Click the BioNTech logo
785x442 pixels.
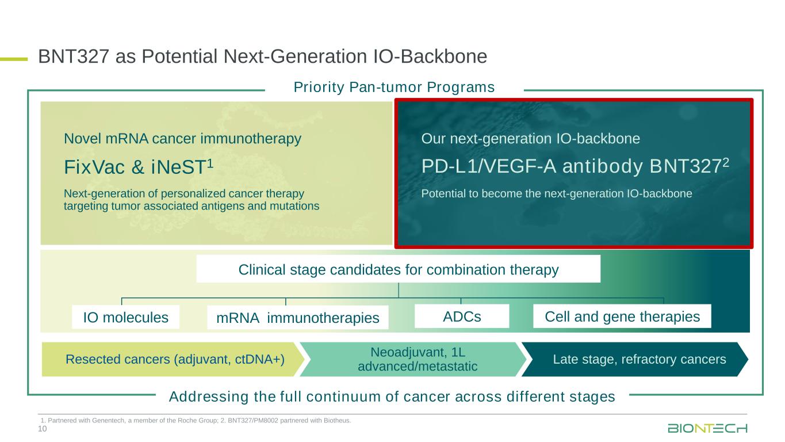pos(707,428)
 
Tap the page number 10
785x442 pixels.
pos(42,429)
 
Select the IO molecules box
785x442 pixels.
pos(125,317)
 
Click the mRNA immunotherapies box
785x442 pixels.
pos(298,318)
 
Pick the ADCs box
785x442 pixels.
pos(462,317)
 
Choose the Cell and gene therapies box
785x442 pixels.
pos(622,317)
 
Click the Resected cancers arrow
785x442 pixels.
pos(173,359)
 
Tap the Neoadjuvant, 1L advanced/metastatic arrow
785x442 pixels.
pos(413,359)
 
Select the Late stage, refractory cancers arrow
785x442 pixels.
pos(635,359)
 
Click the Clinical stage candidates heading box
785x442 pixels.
pos(399,269)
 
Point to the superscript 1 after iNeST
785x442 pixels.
pos(210,163)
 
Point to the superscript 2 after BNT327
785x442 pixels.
pos(726,162)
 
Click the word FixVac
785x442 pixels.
pos(94,167)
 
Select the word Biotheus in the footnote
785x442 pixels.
pos(339,420)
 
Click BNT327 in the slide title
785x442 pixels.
pos(74,56)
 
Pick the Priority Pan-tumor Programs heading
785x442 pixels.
pos(394,87)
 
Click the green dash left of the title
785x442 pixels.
pos(14,59)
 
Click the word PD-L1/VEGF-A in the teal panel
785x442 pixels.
pos(489,166)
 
